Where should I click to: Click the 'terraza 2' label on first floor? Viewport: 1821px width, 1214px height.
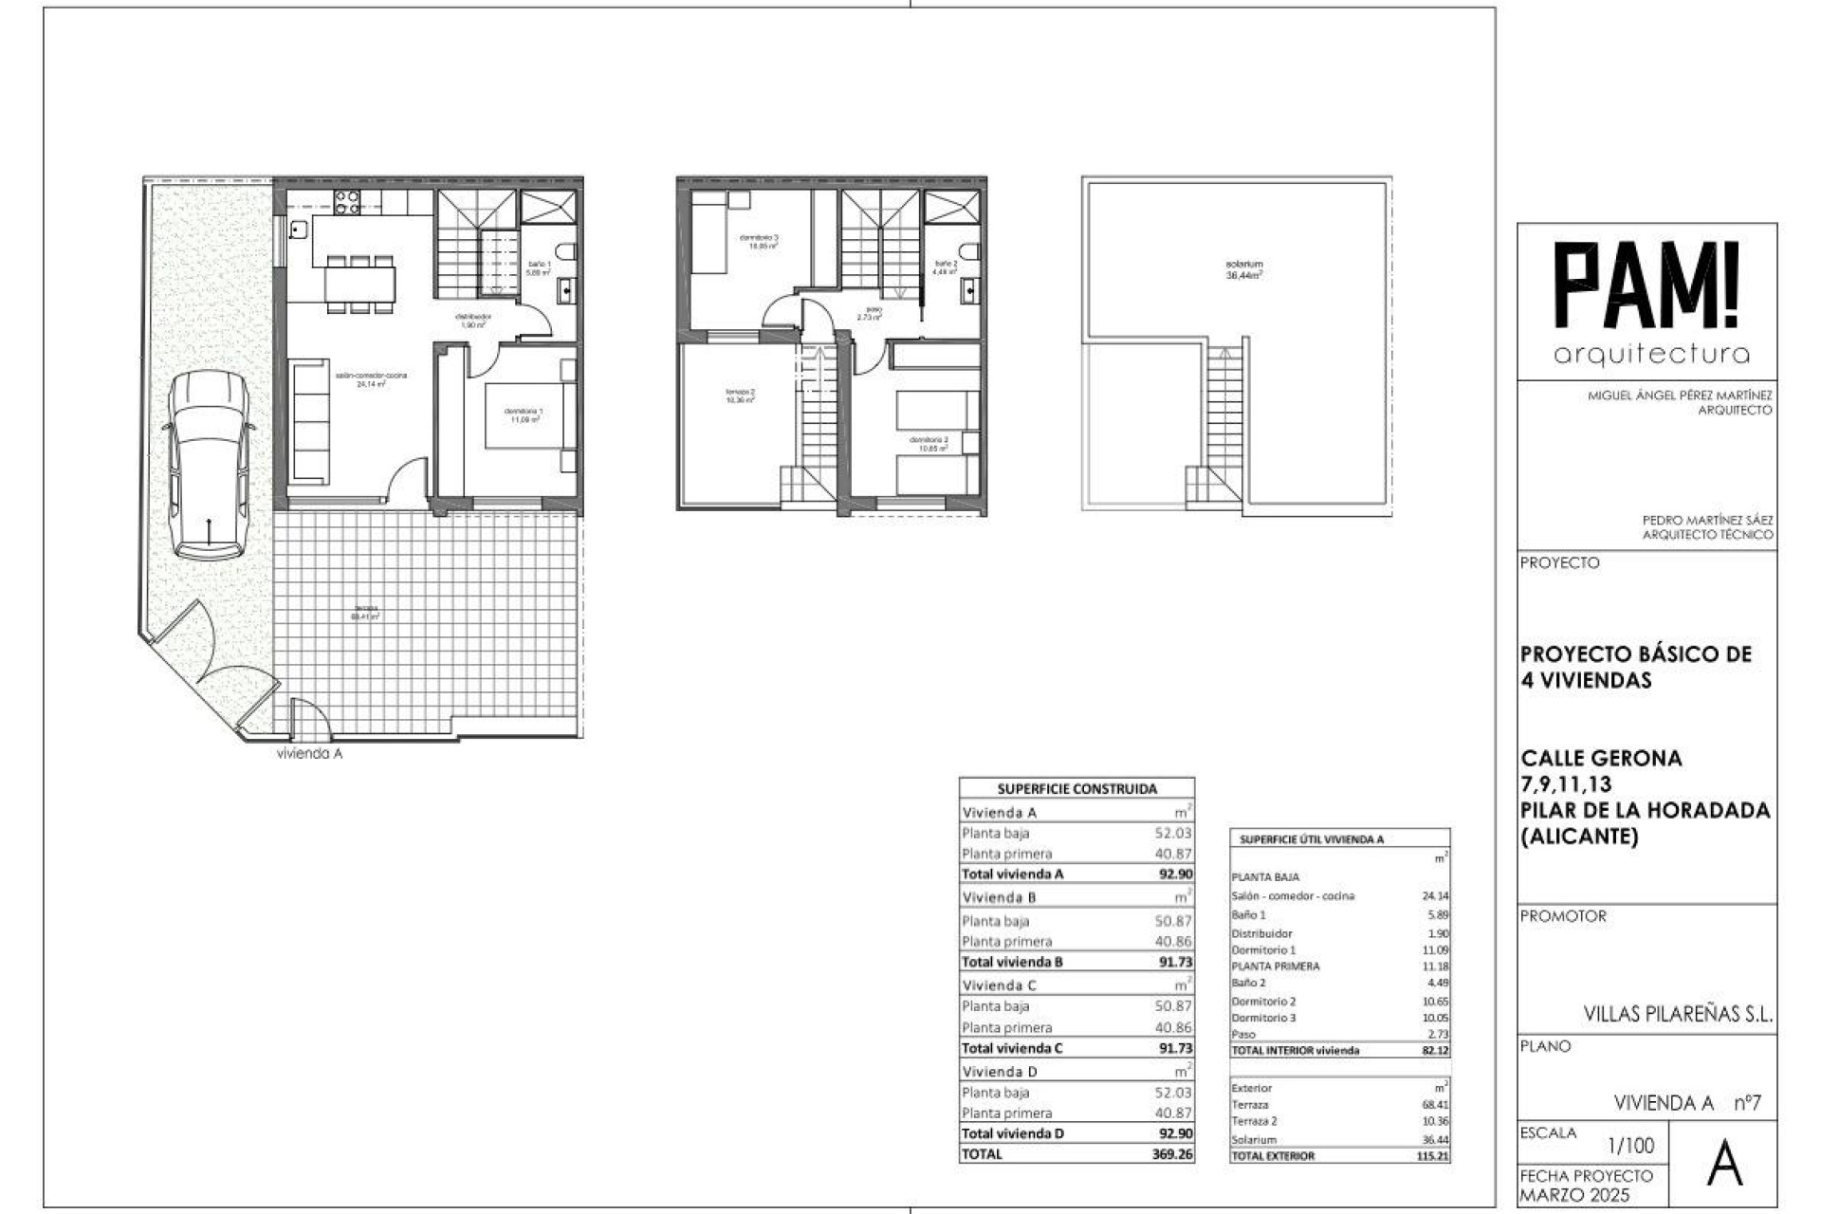coord(740,395)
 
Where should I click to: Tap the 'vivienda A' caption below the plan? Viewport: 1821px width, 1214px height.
coord(309,754)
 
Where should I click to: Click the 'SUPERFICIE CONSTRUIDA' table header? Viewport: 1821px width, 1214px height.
coord(1076,788)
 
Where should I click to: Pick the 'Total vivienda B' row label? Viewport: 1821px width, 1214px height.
coord(1012,962)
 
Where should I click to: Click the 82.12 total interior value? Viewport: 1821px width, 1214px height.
coord(1435,1051)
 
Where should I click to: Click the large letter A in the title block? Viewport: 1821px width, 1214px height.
coord(1724,1166)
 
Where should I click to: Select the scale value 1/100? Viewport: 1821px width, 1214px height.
coord(1630,1146)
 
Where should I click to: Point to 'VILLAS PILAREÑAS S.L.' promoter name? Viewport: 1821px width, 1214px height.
coord(1677,1014)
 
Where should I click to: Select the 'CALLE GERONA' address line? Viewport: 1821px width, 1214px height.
coord(1601,758)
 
